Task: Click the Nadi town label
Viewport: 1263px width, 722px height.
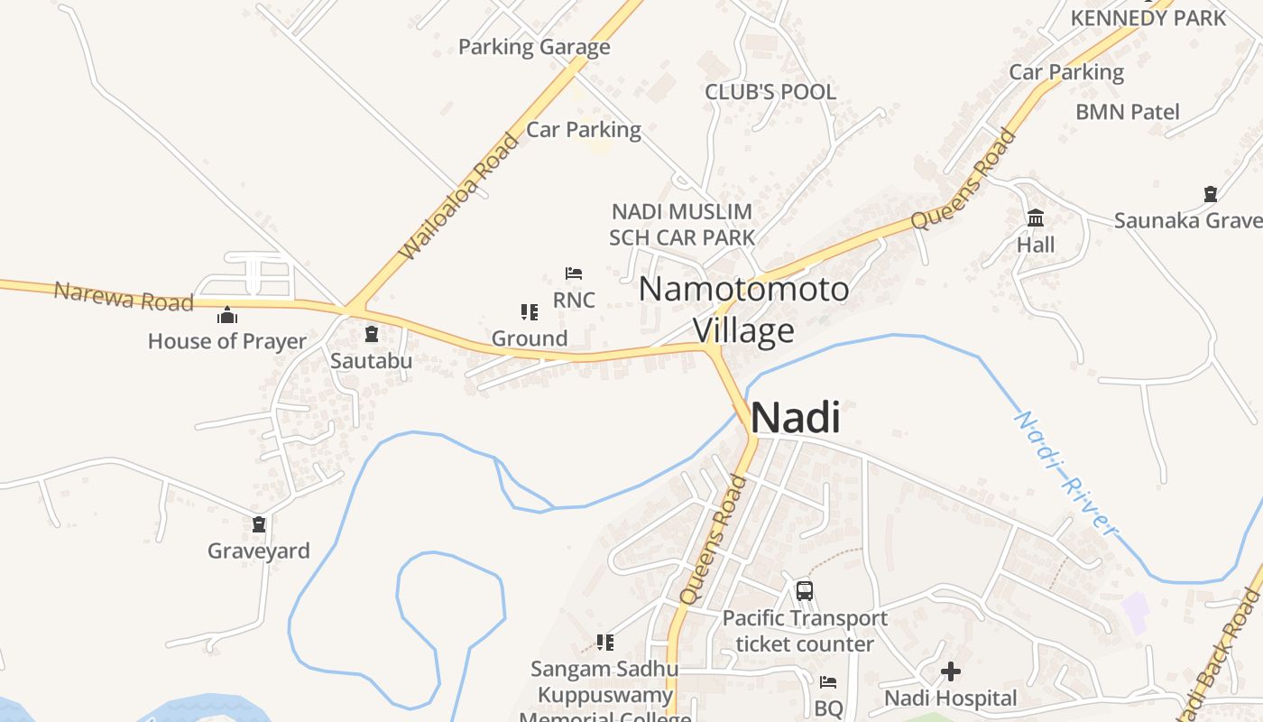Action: (x=795, y=418)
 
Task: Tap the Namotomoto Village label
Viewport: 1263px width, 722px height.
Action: (x=743, y=310)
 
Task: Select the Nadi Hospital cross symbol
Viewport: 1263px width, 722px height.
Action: (x=950, y=671)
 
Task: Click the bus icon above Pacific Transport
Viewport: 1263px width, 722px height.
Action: (x=804, y=591)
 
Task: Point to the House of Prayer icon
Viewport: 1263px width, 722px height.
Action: (x=227, y=316)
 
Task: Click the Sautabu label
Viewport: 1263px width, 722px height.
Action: (x=371, y=361)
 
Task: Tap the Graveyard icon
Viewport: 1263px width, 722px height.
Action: (x=260, y=524)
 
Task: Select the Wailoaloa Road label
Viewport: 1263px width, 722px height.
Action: (x=460, y=196)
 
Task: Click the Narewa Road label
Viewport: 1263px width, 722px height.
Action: (x=124, y=296)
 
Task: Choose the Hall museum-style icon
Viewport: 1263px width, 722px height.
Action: (x=1036, y=218)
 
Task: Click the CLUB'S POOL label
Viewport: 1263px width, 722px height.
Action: (x=770, y=92)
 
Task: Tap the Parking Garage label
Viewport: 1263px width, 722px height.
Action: (x=534, y=47)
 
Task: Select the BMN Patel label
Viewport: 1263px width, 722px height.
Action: (x=1128, y=112)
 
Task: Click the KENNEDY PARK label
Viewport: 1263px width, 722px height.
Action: (x=1148, y=18)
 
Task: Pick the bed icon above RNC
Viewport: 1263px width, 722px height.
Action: (x=574, y=273)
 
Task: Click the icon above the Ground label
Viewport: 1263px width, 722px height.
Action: (x=530, y=312)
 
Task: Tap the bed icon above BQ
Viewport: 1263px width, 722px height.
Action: (x=828, y=682)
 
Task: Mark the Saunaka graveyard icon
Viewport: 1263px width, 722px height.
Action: (x=1211, y=194)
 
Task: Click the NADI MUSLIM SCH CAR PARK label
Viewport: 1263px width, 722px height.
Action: (x=682, y=225)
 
